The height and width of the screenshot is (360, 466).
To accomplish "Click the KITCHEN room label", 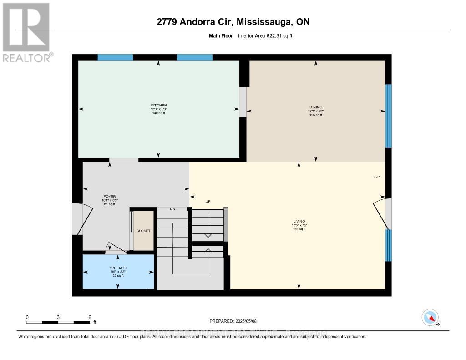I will pyautogui.click(x=158, y=105).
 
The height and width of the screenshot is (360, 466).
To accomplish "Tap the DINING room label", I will pyautogui.click(x=315, y=107).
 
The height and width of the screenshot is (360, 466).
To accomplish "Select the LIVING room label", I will pyautogui.click(x=299, y=221).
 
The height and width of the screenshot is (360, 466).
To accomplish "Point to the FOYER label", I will pyautogui.click(x=109, y=197).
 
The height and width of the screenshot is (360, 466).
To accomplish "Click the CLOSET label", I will pyautogui.click(x=143, y=231).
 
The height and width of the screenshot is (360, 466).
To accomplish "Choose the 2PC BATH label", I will pyautogui.click(x=117, y=268).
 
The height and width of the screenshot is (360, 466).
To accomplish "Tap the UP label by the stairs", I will pyautogui.click(x=208, y=201).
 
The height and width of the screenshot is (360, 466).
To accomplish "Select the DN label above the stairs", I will pyautogui.click(x=172, y=209).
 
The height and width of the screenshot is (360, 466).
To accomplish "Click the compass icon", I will pyautogui.click(x=430, y=317).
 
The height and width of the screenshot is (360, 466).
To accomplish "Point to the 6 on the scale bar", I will pyautogui.click(x=90, y=317).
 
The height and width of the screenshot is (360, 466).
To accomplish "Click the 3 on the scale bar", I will pyautogui.click(x=58, y=317).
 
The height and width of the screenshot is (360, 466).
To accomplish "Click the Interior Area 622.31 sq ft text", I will pyautogui.click(x=265, y=35).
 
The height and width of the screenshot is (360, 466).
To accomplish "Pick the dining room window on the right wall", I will pyautogui.click(x=388, y=116).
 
